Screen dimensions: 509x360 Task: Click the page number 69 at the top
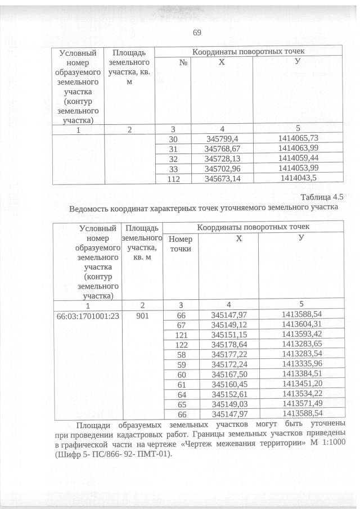197,32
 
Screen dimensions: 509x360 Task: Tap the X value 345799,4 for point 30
222,138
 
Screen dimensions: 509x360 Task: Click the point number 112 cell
173,179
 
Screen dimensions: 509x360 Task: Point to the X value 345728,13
222,159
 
